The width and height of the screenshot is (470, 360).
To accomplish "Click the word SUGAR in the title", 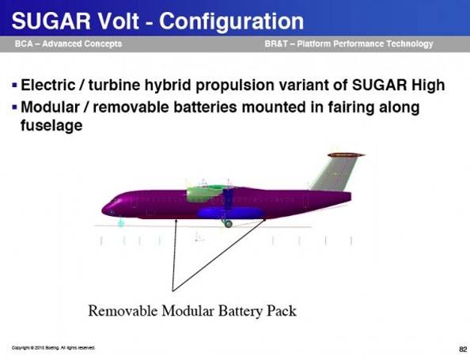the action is pos(51,21).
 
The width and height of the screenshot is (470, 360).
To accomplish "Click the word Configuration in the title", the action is pos(231,21).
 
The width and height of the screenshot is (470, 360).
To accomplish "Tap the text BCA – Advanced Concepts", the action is pos(68,44).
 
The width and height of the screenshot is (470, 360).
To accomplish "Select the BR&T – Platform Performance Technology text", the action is pos(349,44).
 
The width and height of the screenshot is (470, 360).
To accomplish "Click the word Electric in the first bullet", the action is pos(48,85).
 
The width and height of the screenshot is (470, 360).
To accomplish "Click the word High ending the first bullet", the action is pos(428,85).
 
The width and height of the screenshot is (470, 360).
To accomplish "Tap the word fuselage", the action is pos(51,126).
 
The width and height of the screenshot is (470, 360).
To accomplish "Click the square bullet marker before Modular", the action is pos(15,107).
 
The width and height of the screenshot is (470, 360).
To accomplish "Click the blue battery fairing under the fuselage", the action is pos(231,213).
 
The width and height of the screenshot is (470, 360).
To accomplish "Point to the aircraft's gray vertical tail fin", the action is pos(335,173).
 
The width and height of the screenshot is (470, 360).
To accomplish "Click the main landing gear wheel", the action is pos(229,224).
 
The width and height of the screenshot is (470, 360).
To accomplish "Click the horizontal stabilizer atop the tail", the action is pos(346,155).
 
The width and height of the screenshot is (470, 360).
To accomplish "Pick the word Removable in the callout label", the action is pos(123,310).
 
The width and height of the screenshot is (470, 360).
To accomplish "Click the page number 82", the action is pos(463,349).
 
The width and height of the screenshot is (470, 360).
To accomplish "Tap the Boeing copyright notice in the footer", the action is pos(53,347).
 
